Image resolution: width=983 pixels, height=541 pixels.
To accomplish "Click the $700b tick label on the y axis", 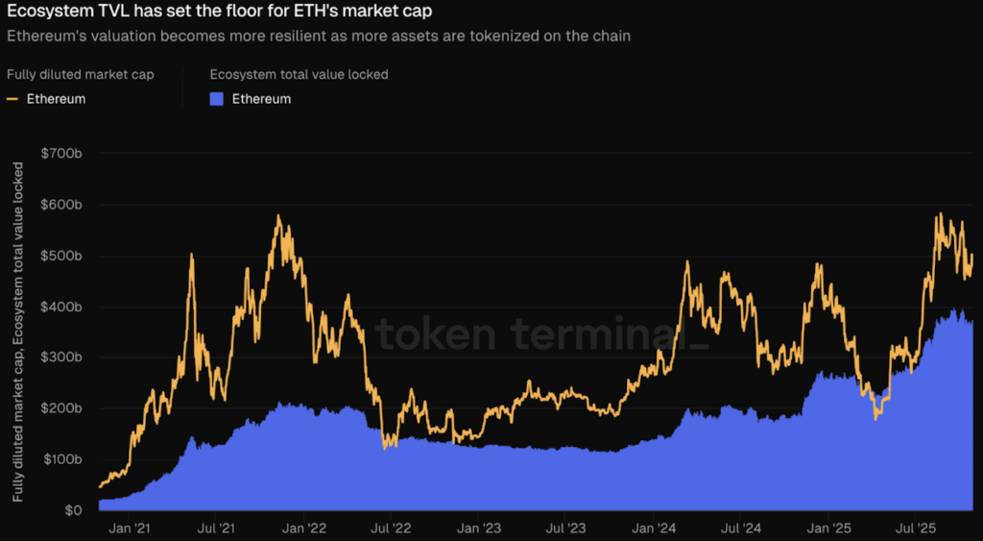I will click(62, 154).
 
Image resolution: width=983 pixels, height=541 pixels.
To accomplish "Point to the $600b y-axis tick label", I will click(62, 205).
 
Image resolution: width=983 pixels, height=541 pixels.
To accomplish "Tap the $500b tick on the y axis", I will click(62, 256).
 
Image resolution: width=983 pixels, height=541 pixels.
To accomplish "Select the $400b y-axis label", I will click(62, 307).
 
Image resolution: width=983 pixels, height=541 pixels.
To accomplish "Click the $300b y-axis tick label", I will click(62, 357).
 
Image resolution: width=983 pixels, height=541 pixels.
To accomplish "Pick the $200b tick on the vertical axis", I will click(62, 408).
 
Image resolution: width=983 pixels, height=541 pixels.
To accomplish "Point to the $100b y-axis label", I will click(62, 459).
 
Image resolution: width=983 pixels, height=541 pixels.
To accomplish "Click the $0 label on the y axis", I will click(71, 510).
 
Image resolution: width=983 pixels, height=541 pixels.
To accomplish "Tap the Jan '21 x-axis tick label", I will click(129, 528).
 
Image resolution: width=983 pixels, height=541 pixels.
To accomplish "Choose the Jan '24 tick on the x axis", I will click(653, 528).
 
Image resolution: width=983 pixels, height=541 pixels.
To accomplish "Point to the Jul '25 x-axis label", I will click(916, 528).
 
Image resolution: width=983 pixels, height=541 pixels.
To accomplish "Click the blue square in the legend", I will click(216, 99).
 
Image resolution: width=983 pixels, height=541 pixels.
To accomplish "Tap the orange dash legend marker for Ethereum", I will click(12, 99).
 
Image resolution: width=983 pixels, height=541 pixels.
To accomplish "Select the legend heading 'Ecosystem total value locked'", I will click(299, 74).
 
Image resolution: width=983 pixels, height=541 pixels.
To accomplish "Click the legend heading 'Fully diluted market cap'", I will click(80, 74).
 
